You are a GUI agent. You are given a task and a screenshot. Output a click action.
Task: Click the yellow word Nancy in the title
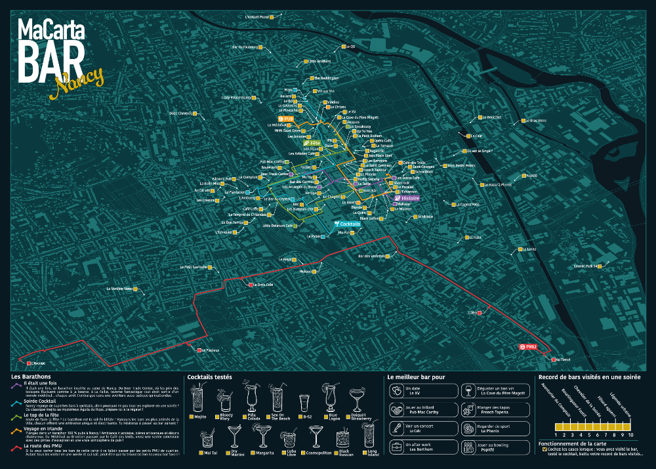(x=79, y=79)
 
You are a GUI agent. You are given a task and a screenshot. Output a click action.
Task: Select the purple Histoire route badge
(x=406, y=197)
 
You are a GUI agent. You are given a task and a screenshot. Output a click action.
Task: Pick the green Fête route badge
(x=312, y=142)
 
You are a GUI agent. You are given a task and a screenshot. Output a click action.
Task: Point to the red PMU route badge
(x=527, y=346)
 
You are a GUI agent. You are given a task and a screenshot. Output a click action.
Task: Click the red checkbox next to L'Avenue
(x=28, y=363)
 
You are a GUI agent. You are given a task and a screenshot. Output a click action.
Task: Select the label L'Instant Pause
(x=256, y=17)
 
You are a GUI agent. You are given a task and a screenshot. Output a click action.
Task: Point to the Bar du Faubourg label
(x=244, y=47)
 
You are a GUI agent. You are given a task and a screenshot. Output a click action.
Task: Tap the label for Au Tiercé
(x=564, y=359)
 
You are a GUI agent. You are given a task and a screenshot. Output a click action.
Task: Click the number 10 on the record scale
(x=630, y=435)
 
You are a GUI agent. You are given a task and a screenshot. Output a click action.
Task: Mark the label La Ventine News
(x=119, y=289)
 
